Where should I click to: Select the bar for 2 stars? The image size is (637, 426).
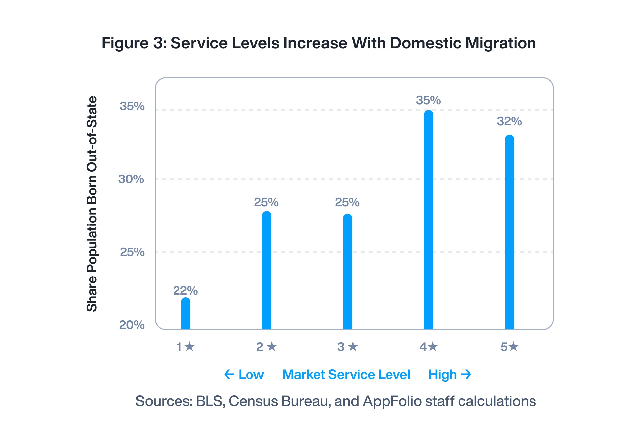(x=267, y=270)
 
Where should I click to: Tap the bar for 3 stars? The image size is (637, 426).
(x=348, y=272)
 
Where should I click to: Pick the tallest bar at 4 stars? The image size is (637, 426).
(x=429, y=220)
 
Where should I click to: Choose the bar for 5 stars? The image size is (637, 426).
(x=510, y=232)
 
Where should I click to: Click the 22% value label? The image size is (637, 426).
(x=185, y=291)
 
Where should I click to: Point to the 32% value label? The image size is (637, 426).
(x=509, y=121)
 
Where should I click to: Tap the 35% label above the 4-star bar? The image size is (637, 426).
(x=428, y=100)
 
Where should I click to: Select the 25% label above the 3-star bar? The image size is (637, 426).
(x=347, y=202)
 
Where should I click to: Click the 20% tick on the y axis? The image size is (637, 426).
(x=132, y=325)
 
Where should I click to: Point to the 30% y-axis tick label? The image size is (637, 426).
(x=131, y=179)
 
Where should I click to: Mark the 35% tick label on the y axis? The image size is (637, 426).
(x=132, y=106)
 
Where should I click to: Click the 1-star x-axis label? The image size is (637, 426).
(x=185, y=347)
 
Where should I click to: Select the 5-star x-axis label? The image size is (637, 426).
(x=509, y=347)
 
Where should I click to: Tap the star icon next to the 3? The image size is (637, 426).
(x=353, y=347)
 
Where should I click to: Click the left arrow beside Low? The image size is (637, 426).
(x=229, y=375)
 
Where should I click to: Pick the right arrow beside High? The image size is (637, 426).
(x=466, y=375)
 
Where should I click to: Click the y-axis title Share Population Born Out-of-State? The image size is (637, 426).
(x=92, y=204)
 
